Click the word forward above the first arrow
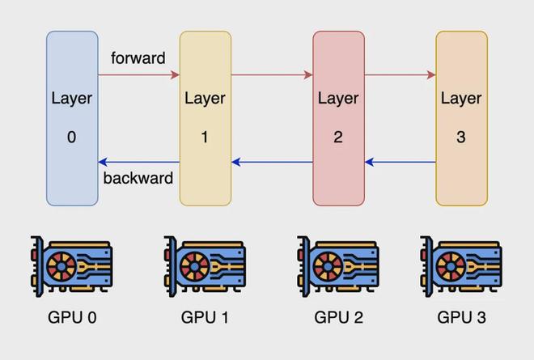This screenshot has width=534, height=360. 138,58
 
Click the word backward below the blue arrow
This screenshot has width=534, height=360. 138,178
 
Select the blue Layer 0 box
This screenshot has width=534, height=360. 72,119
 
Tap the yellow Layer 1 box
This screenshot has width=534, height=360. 206,119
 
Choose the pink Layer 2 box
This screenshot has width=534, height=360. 338,119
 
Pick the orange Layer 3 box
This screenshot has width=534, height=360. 461,119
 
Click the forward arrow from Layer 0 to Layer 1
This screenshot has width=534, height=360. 139,74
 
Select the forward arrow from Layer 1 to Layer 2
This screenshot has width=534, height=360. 272,74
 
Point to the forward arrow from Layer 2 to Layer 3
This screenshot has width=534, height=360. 400,74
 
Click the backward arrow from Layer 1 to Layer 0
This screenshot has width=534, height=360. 139,162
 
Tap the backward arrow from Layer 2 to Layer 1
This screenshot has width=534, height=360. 272,162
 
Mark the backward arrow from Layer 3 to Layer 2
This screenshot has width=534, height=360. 400,162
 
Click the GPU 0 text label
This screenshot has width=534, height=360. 72,317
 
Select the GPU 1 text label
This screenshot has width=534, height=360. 205,317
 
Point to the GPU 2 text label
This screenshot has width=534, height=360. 338,317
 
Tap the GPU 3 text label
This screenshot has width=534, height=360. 461,317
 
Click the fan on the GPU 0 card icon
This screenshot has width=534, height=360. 61,266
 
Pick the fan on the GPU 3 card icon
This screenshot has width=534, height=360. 451,266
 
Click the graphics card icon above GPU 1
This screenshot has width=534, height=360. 205,266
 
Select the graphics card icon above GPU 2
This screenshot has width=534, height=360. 338,266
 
